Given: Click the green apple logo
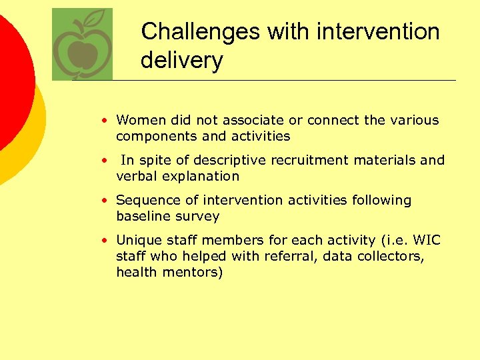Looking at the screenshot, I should pos(82,45).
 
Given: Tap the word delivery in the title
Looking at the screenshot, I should pos(181,61).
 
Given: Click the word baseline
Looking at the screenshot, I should pos(143,217).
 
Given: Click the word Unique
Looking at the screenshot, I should pos(137,241).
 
